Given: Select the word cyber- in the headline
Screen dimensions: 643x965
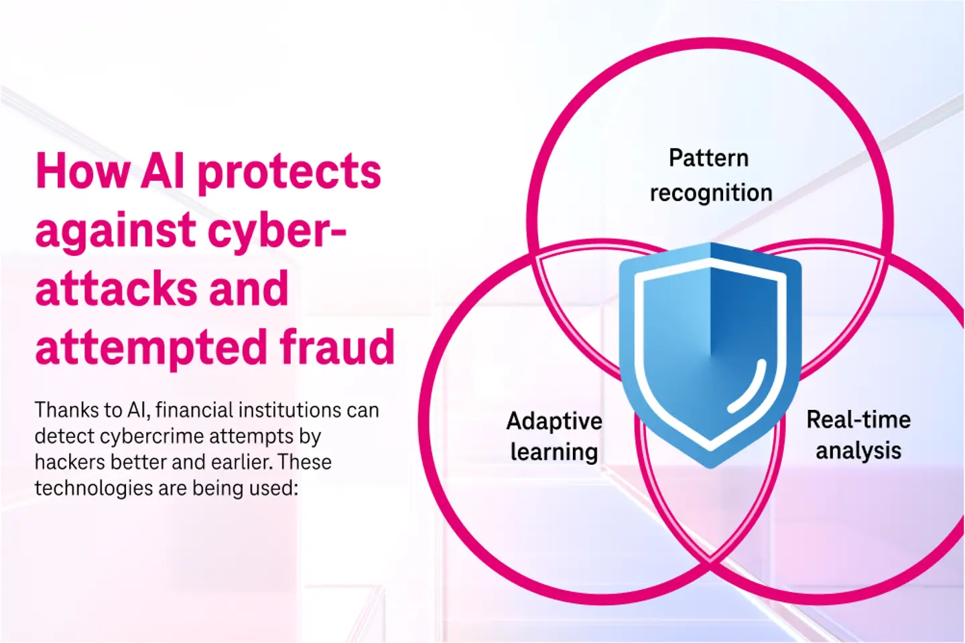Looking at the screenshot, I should (x=277, y=232).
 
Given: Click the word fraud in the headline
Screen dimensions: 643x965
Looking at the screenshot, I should (x=337, y=346).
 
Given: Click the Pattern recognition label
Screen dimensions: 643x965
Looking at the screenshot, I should (x=710, y=175).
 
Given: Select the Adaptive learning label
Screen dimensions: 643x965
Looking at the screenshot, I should (x=554, y=436).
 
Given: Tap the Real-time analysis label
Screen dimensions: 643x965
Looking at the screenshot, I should (x=858, y=435).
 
